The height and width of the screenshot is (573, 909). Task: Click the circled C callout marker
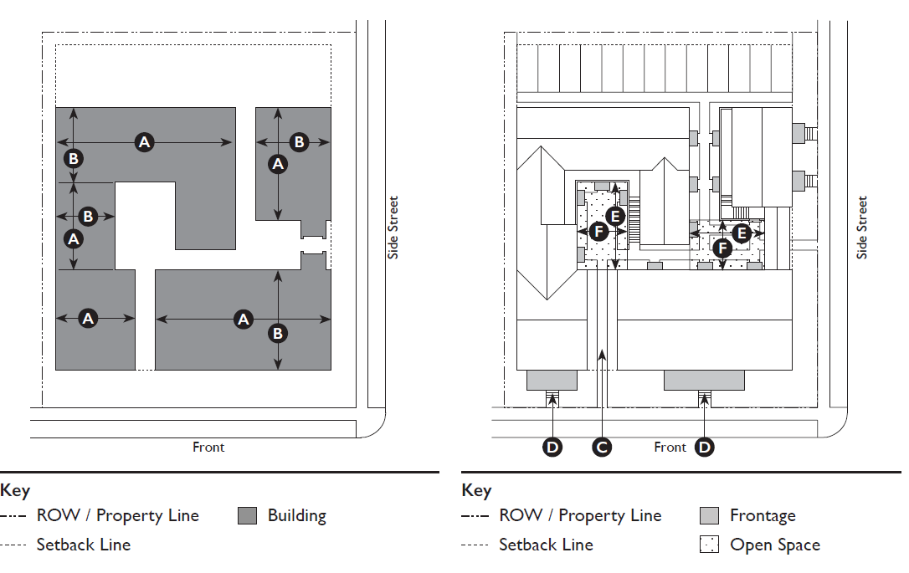click(x=602, y=448)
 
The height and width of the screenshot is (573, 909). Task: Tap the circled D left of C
click(x=552, y=448)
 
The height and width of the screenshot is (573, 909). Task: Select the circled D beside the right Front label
click(x=705, y=448)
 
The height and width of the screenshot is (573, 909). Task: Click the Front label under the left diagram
click(x=208, y=448)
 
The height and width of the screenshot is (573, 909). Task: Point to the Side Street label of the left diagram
click(x=393, y=228)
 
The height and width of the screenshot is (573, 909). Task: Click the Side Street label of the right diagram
click(x=862, y=228)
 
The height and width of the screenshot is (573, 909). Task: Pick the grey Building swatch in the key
click(x=248, y=515)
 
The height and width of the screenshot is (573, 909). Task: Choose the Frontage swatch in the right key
click(x=710, y=515)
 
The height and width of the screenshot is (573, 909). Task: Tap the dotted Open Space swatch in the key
click(x=710, y=545)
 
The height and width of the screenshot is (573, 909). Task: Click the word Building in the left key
click(x=297, y=515)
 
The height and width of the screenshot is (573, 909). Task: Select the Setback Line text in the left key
click(x=84, y=545)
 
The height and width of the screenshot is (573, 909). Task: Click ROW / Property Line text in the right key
click(x=580, y=515)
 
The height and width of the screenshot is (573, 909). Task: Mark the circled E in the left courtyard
click(x=615, y=217)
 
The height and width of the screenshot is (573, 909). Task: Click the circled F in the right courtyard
click(x=722, y=248)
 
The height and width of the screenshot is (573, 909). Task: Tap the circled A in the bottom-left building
click(x=88, y=318)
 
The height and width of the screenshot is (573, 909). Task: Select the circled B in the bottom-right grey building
click(x=278, y=333)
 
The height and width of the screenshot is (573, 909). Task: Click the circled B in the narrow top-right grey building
click(x=299, y=142)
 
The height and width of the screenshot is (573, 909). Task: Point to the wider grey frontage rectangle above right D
click(x=704, y=380)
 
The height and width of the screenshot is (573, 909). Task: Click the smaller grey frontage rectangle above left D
click(x=552, y=380)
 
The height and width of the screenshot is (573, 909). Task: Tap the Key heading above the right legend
click(x=476, y=491)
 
